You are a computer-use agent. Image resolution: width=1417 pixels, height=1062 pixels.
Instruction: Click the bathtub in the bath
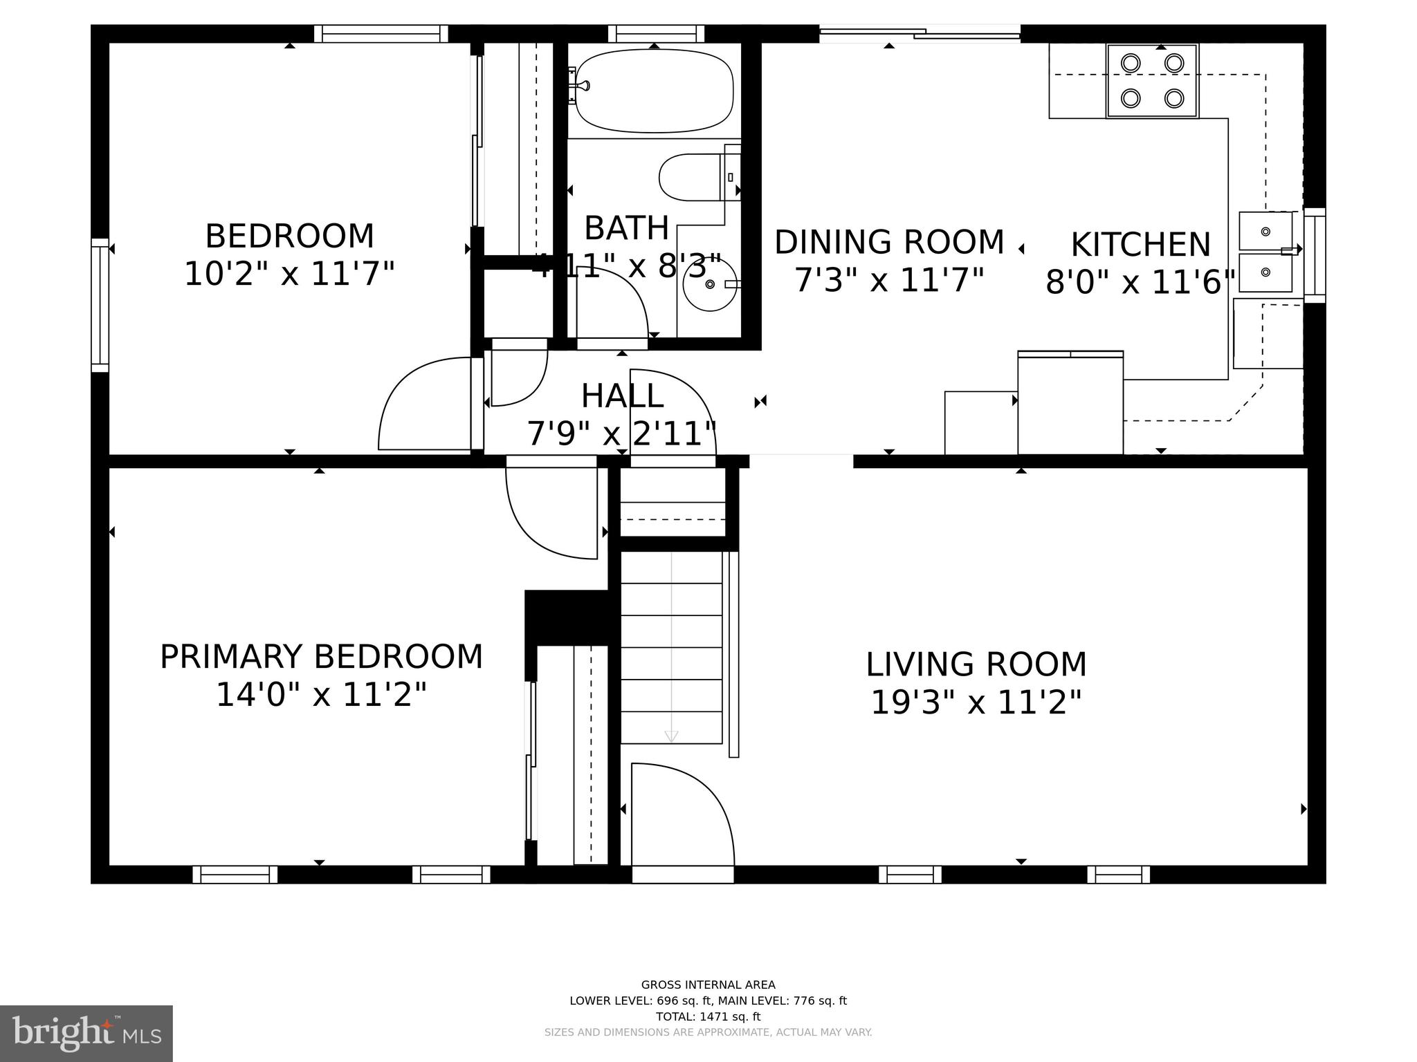(654, 91)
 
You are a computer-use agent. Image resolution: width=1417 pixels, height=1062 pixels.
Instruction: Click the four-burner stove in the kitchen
(1152, 81)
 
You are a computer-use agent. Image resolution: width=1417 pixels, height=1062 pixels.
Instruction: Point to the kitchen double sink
(1265, 252)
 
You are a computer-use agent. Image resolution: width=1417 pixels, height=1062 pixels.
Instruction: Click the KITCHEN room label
(1140, 245)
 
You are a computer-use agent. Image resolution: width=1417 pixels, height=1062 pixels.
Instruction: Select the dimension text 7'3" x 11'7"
(889, 281)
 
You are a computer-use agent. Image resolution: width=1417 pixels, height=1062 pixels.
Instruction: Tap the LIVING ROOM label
(976, 664)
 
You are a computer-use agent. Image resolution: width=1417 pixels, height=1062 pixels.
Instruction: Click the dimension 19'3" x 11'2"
(976, 703)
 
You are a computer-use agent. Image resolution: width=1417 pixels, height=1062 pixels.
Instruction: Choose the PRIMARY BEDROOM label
(321, 657)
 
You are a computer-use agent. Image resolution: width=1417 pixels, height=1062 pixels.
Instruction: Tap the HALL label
(622, 396)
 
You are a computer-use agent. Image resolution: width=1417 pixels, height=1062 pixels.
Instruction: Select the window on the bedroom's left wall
(100, 305)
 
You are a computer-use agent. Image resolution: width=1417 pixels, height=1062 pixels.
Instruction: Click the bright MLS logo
(86, 1034)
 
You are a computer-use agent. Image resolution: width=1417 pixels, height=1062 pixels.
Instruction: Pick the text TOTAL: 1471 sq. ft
(708, 1016)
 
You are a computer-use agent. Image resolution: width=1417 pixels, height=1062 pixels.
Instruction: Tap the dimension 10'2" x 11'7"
(289, 274)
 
